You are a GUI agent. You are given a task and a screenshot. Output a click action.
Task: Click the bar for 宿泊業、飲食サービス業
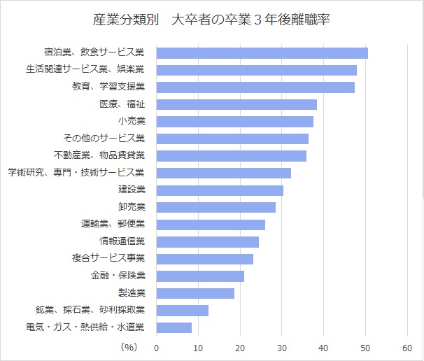(262, 53)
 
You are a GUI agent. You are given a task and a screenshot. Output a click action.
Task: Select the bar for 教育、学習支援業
(255, 87)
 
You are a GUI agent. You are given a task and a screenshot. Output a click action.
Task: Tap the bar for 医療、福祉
(236, 104)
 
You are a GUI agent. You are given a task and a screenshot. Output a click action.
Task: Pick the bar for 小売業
(234, 122)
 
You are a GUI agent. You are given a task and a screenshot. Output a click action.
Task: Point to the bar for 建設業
(220, 190)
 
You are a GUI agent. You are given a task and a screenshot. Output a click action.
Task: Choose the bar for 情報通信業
(207, 242)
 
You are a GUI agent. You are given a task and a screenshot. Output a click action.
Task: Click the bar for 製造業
(195, 293)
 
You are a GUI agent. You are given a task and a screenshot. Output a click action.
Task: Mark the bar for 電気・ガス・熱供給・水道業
(174, 327)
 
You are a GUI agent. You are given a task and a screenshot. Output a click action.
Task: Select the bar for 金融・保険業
(200, 276)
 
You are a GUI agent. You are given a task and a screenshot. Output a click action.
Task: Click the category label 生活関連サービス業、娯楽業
(94, 70)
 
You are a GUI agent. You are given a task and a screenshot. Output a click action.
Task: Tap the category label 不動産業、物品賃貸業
(99, 155)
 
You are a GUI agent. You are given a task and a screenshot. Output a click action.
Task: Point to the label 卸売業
(132, 207)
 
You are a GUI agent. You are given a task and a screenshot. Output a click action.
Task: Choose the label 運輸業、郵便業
(113, 225)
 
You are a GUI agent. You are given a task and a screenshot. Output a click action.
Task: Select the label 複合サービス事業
(108, 259)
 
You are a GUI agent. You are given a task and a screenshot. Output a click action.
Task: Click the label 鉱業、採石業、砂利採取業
(90, 310)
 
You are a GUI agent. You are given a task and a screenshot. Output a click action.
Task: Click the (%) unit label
(129, 346)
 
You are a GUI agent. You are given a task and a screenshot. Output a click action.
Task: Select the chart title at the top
(211, 20)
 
